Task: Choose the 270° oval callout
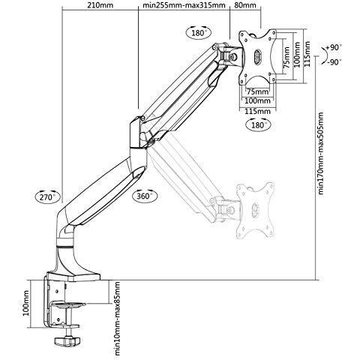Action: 46,197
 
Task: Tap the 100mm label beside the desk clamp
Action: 27,304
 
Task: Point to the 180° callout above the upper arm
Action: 199,34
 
